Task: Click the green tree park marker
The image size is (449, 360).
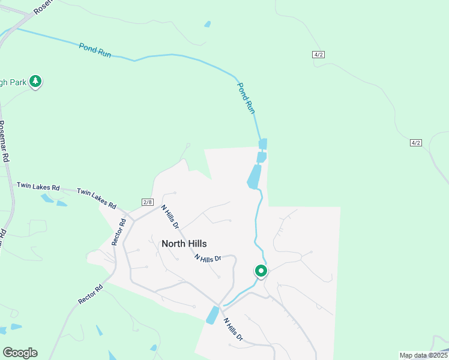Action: tap(35, 82)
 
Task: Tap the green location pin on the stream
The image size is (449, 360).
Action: tap(261, 271)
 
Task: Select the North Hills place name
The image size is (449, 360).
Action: tap(184, 244)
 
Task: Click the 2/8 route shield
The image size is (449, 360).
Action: tap(148, 202)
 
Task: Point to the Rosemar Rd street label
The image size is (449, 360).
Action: tap(5, 142)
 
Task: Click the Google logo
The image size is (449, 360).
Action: tap(20, 352)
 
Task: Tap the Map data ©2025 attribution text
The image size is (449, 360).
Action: tap(423, 355)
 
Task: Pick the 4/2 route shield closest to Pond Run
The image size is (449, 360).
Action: tap(319, 55)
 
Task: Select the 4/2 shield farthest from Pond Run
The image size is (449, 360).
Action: tap(416, 142)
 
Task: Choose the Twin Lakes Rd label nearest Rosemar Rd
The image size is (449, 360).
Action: tap(38, 187)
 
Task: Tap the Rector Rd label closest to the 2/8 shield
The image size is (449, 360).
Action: tap(119, 232)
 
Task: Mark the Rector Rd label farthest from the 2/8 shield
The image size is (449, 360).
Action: tap(91, 294)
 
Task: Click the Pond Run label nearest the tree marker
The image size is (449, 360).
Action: tap(95, 50)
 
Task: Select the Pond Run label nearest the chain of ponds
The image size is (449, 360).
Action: tap(247, 98)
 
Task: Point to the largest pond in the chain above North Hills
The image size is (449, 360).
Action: tap(254, 176)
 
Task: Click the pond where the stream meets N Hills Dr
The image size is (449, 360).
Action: tap(212, 315)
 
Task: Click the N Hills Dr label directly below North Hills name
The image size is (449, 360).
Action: tap(208, 258)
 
